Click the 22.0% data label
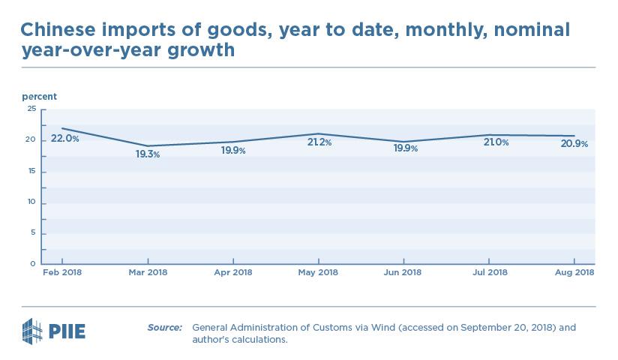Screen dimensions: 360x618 (65, 139)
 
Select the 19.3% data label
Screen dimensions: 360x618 (148, 154)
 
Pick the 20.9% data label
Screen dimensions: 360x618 (574, 144)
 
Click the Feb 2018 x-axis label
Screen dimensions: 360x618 (61, 273)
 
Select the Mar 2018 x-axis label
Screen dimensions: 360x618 (148, 273)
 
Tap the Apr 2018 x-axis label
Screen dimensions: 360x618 (233, 273)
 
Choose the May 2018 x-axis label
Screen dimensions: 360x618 (319, 273)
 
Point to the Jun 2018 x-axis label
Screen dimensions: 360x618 (404, 273)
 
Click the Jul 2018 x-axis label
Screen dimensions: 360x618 (490, 273)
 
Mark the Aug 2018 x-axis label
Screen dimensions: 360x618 (575, 273)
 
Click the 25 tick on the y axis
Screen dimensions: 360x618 (31, 109)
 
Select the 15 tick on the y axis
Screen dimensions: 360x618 (31, 172)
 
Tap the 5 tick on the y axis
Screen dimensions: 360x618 (34, 233)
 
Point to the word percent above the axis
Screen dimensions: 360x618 (39, 97)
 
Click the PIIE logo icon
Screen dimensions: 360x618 (32, 330)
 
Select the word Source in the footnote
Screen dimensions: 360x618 (164, 328)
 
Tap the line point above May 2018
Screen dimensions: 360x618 (319, 133)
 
